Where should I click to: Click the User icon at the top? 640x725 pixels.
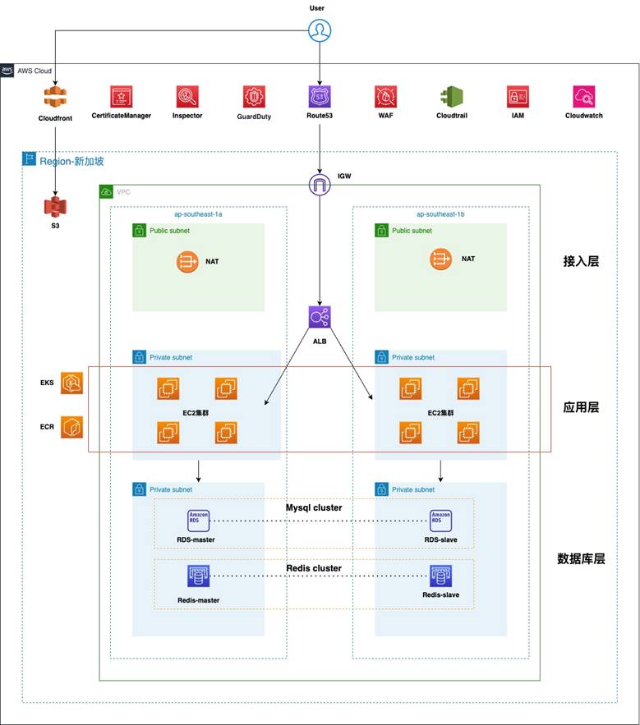pyautogui.click(x=319, y=30)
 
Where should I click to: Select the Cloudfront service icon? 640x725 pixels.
pyautogui.click(x=55, y=98)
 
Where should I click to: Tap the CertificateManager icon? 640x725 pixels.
pyautogui.click(x=122, y=98)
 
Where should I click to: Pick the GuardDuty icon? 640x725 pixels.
pyautogui.click(x=254, y=98)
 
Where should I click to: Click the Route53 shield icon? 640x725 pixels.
pyautogui.click(x=319, y=98)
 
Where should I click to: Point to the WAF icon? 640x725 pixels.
pyautogui.click(x=385, y=98)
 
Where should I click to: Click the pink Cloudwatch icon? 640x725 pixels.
pyautogui.click(x=583, y=98)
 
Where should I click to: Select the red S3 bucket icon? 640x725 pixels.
pyautogui.click(x=55, y=207)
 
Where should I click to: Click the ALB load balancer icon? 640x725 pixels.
pyautogui.click(x=319, y=318)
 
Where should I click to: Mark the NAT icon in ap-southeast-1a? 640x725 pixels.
pyautogui.click(x=186, y=260)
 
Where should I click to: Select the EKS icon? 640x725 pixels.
pyautogui.click(x=71, y=383)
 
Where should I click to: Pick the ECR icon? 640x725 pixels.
pyautogui.click(x=71, y=427)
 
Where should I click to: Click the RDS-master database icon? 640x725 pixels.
pyautogui.click(x=198, y=521)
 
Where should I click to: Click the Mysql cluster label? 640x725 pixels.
pyautogui.click(x=314, y=507)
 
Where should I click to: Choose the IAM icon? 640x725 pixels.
pyautogui.click(x=518, y=98)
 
